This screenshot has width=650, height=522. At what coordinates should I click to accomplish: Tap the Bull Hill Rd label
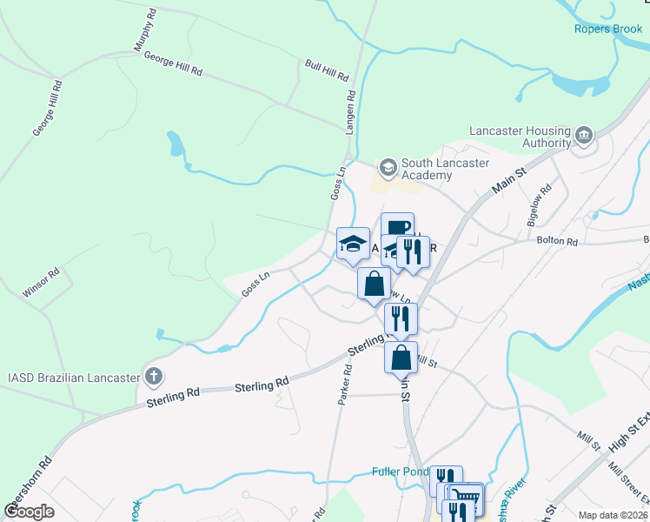327,69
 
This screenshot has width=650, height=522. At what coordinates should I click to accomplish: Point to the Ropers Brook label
607,29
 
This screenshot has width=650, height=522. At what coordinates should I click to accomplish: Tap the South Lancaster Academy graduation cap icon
387,165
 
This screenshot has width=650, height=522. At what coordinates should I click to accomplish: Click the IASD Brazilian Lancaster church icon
153,377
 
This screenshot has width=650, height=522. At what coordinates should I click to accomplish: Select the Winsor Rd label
41,283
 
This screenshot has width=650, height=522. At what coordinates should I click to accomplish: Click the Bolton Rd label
557,241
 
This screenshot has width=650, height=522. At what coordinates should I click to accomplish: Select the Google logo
29,512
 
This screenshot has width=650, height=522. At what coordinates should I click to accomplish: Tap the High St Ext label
627,433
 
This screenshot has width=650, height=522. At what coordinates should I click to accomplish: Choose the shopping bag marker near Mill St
401,358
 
